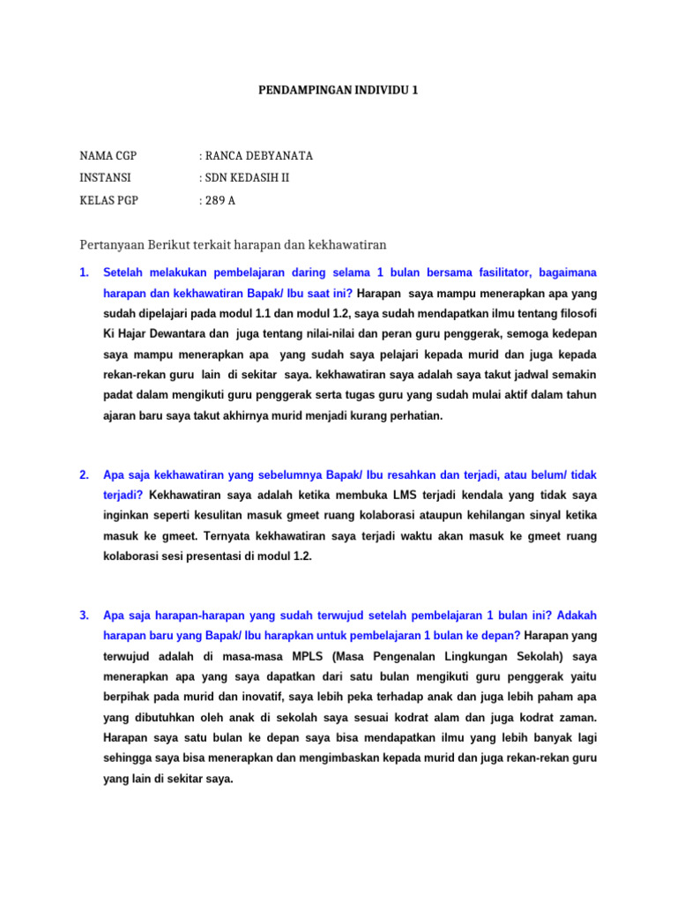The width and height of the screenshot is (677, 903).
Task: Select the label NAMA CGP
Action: point(108,156)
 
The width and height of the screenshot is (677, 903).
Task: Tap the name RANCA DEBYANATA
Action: point(258,156)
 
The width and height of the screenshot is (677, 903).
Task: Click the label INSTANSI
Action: point(105,178)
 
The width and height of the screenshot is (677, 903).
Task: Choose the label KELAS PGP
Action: point(109,200)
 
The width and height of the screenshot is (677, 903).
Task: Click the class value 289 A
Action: point(220,200)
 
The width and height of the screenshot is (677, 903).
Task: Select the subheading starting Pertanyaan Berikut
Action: point(234,243)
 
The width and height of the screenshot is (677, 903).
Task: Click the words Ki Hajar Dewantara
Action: point(153,334)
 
